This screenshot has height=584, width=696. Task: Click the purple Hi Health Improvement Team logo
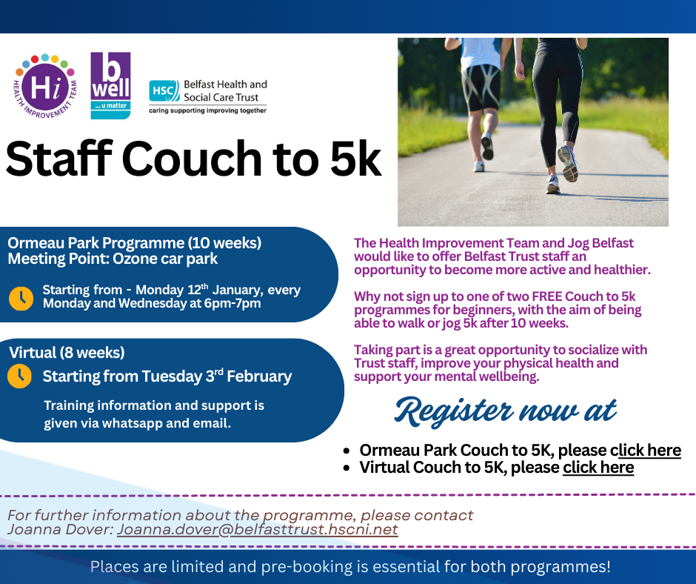pyautogui.click(x=45, y=87)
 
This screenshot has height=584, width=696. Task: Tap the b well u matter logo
pyautogui.click(x=110, y=86)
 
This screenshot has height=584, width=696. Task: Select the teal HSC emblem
pyautogui.click(x=164, y=91)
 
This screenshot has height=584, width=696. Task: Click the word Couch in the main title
pyautogui.click(x=193, y=159)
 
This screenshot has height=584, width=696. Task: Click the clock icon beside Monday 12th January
pyautogui.click(x=21, y=298)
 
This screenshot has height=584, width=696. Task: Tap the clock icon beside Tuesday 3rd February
pyautogui.click(x=19, y=376)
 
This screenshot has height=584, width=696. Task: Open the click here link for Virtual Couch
pyautogui.click(x=598, y=468)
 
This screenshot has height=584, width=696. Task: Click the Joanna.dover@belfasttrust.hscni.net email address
pyautogui.click(x=258, y=529)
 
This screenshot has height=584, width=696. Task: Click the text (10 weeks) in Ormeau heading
pyautogui.click(x=224, y=243)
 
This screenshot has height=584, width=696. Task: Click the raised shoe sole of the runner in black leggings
pyautogui.click(x=569, y=164)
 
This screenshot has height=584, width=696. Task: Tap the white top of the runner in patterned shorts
pyautogui.click(x=481, y=53)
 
